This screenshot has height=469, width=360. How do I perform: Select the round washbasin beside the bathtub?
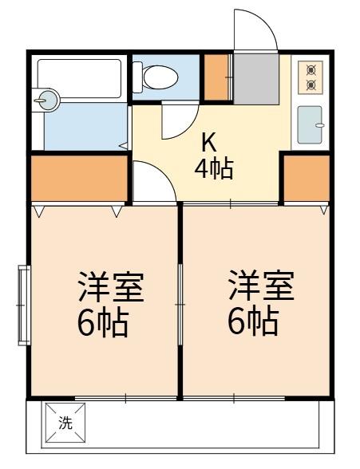click(48, 100)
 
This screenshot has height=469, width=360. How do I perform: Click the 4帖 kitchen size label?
click(214, 170)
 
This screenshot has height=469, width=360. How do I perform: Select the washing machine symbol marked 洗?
click(65, 424)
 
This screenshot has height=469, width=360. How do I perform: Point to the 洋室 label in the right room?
click(260, 286)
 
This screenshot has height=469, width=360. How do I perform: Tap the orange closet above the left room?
click(80, 177)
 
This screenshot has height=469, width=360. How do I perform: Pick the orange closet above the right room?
click(307, 177)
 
